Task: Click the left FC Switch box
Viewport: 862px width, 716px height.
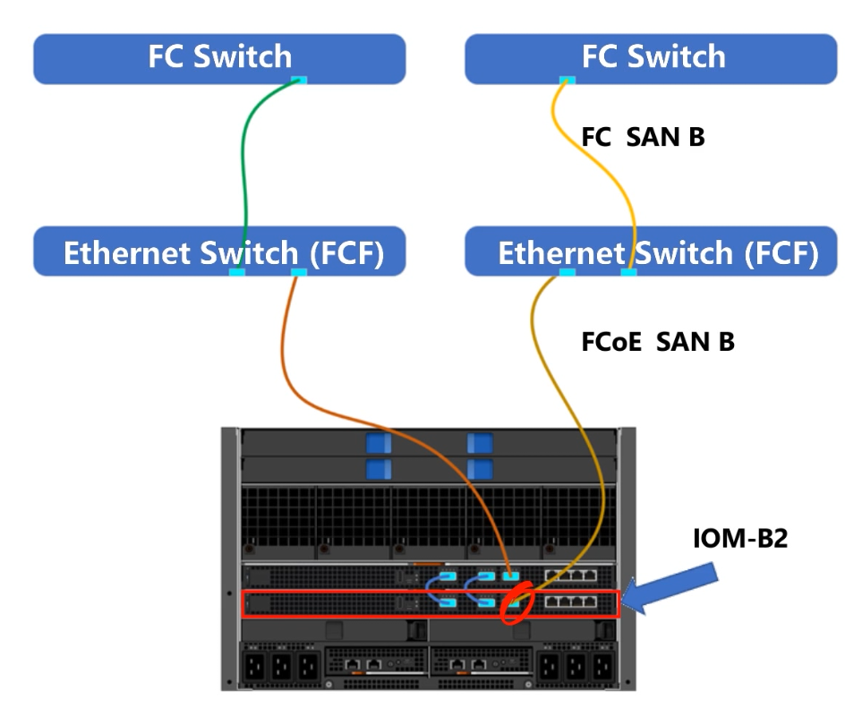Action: click(x=219, y=57)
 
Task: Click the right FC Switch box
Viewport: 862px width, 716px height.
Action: click(x=651, y=57)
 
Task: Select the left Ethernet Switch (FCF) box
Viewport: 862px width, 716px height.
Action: click(x=219, y=252)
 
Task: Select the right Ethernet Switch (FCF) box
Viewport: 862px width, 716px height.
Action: click(x=651, y=252)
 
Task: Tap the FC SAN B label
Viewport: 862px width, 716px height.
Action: click(x=643, y=137)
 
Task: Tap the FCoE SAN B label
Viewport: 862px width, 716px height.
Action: click(x=658, y=341)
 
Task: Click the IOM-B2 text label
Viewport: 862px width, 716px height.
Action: click(x=740, y=538)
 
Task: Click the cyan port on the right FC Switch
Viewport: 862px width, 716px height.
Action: click(x=566, y=81)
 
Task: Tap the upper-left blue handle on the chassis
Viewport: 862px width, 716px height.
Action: click(x=378, y=443)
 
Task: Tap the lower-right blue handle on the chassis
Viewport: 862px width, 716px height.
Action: click(x=481, y=468)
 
